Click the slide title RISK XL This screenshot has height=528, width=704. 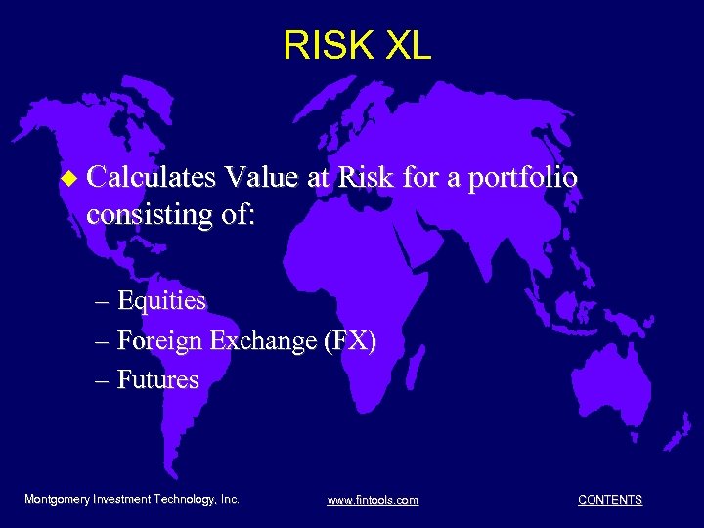point(356,45)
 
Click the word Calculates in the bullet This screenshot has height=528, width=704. point(152,178)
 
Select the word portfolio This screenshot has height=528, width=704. point(522,178)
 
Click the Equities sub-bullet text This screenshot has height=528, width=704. point(161,300)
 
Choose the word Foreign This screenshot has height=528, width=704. point(160,340)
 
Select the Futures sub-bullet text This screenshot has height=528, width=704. point(157,379)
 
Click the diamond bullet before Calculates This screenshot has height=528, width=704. point(67,179)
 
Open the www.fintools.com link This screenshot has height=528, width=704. point(373,500)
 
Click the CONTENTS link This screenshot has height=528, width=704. point(610,500)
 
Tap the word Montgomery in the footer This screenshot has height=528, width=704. point(58,499)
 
